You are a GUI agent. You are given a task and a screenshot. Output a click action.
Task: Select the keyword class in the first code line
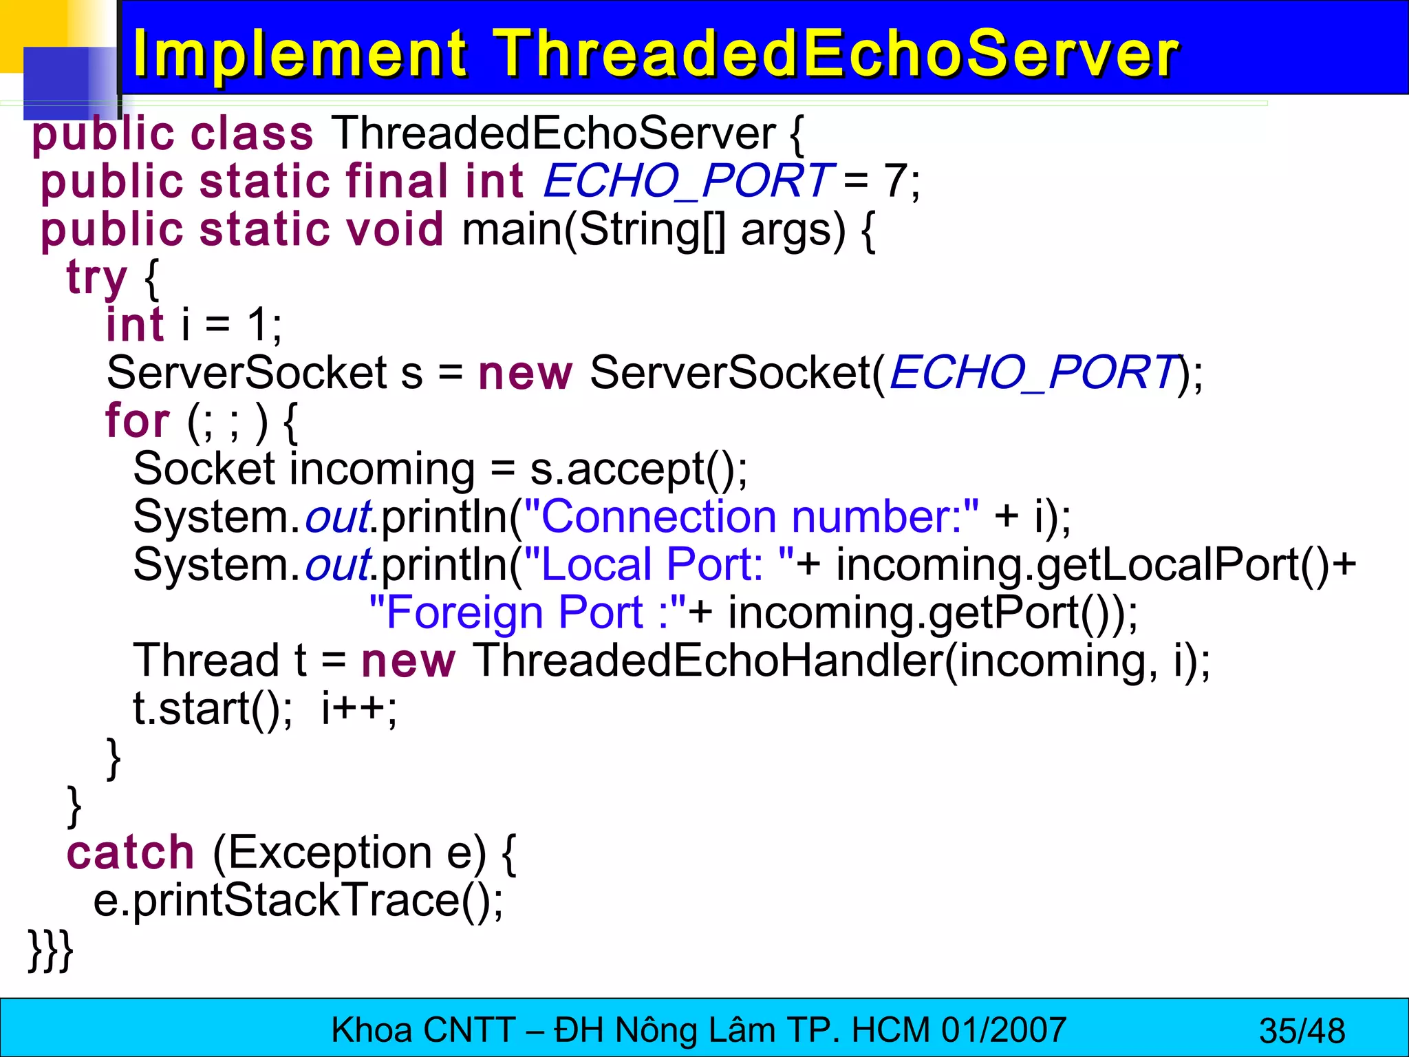[x=251, y=134]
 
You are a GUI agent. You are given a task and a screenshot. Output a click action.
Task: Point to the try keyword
[x=96, y=277]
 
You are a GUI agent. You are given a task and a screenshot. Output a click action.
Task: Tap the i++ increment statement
[x=358, y=709]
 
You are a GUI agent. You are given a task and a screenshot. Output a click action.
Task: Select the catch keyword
[x=131, y=853]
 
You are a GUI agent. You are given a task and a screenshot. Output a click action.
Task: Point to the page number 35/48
[x=1302, y=1031]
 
